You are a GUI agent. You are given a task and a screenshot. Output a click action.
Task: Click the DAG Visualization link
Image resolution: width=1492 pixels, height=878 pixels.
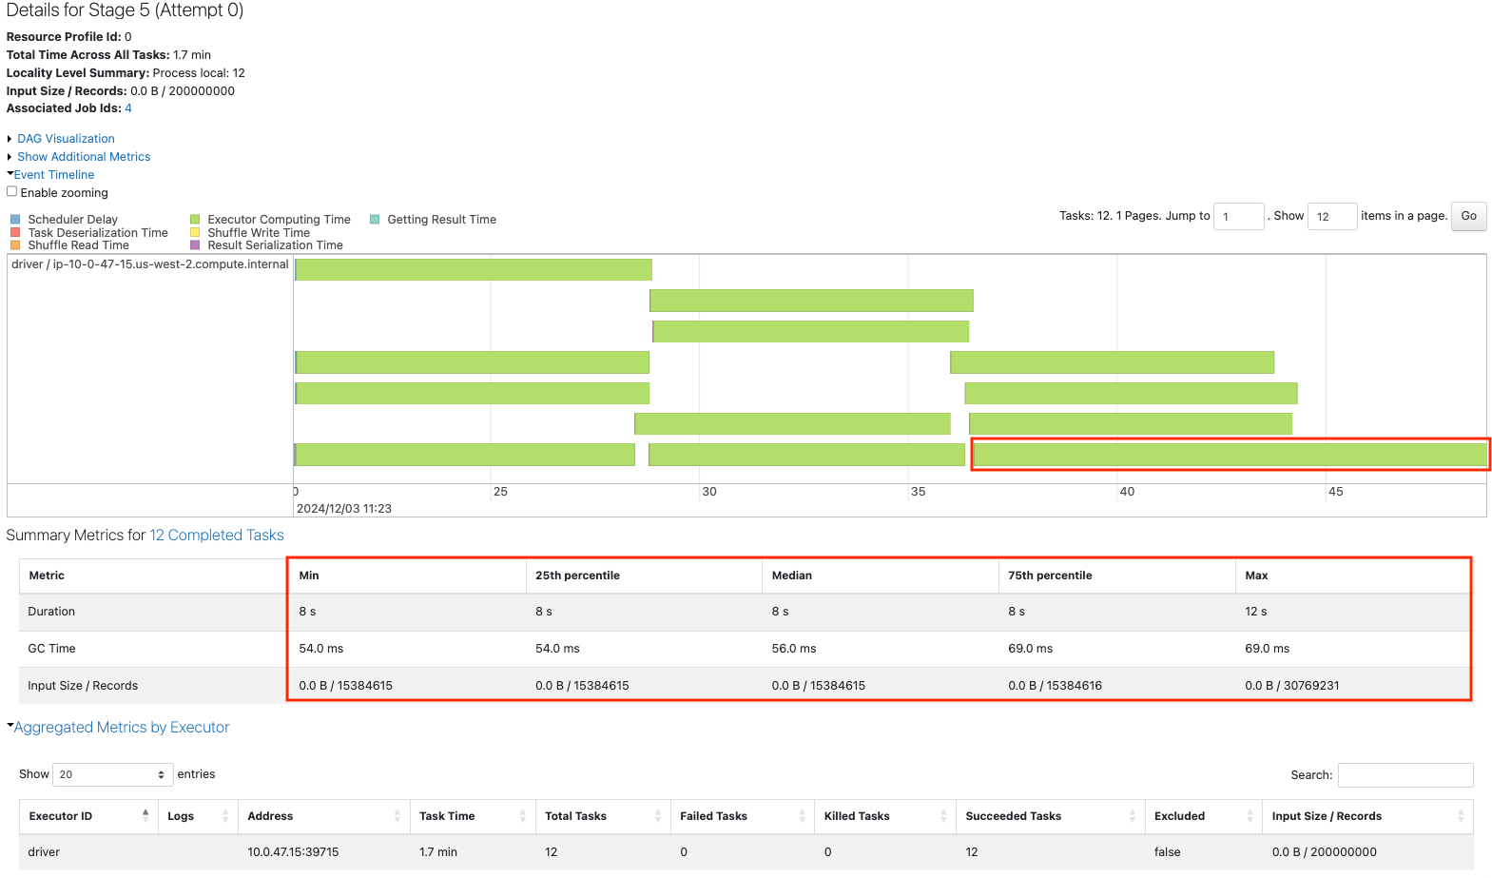66,139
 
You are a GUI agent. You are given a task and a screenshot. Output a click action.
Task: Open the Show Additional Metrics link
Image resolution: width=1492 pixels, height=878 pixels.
84,157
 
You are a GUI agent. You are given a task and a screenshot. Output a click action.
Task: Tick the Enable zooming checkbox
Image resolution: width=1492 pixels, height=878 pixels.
12,191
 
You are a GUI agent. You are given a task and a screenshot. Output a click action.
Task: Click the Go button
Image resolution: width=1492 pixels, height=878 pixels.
1468,216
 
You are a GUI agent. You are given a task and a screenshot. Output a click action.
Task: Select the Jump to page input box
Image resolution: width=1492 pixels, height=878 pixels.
1238,217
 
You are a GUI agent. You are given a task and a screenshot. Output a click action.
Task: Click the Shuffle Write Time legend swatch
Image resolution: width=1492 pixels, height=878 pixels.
195,232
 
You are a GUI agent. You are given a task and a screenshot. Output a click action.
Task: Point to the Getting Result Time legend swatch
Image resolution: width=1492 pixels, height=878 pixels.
375,220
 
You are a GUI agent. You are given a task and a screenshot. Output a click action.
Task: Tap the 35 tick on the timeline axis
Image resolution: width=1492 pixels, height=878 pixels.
918,492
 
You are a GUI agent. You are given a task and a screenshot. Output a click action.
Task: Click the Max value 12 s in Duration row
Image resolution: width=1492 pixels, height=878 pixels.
1255,612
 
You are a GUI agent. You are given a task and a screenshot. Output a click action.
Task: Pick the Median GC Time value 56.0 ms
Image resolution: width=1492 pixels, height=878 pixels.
794,649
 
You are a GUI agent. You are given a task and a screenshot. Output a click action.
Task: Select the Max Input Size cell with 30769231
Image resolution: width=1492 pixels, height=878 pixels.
1291,686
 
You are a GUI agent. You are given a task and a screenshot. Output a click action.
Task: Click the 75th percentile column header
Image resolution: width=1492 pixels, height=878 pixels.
1050,576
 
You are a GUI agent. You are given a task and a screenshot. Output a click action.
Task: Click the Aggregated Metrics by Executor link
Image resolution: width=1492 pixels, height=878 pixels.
122,728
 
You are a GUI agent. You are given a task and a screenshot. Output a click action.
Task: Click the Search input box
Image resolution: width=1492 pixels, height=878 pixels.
1405,775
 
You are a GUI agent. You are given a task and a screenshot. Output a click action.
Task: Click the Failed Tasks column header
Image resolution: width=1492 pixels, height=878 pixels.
713,816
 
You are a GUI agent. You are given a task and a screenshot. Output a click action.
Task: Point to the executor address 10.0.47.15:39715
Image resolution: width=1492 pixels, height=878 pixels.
293,852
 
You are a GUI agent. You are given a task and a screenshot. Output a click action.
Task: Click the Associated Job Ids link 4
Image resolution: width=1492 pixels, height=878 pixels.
128,108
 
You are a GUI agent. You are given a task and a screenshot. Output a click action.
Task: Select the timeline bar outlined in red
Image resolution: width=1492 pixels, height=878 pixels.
1230,455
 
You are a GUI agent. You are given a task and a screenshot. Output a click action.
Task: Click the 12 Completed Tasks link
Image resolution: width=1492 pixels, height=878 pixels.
217,536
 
